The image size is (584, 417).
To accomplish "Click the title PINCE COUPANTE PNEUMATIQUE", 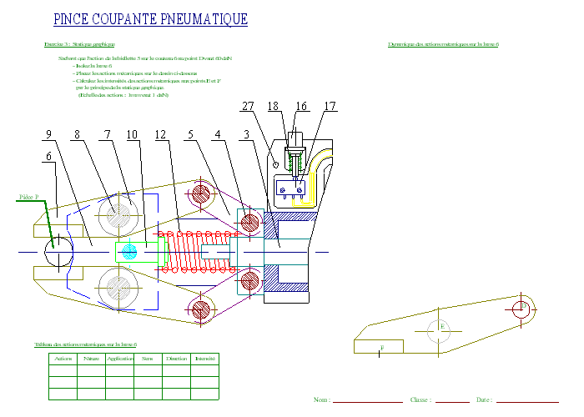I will pos(149,19).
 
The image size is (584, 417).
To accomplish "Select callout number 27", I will pos(247,106).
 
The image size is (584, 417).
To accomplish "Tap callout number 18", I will pos(273,106).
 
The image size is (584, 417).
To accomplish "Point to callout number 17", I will pos(330,106).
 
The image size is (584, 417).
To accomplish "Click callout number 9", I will pos(48,134).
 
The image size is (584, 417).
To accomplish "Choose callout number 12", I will pos(160,134).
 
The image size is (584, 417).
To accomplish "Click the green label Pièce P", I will pos(30,198).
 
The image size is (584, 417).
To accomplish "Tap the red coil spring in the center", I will pos(194,251).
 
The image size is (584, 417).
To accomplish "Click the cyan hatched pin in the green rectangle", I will pos(128,251).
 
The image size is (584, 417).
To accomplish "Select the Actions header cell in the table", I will pos(63,359).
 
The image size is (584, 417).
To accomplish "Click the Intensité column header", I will pos(204,359).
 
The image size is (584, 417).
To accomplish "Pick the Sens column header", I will pos(148,359).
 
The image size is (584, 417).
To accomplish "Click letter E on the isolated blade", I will pos(441,327).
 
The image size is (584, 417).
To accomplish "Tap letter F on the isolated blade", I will pos(382,346).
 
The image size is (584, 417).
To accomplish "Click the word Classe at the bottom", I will pos(420,400).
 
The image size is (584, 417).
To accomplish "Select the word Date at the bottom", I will pos(484,400).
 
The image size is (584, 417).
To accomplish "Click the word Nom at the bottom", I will pos(322,400).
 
